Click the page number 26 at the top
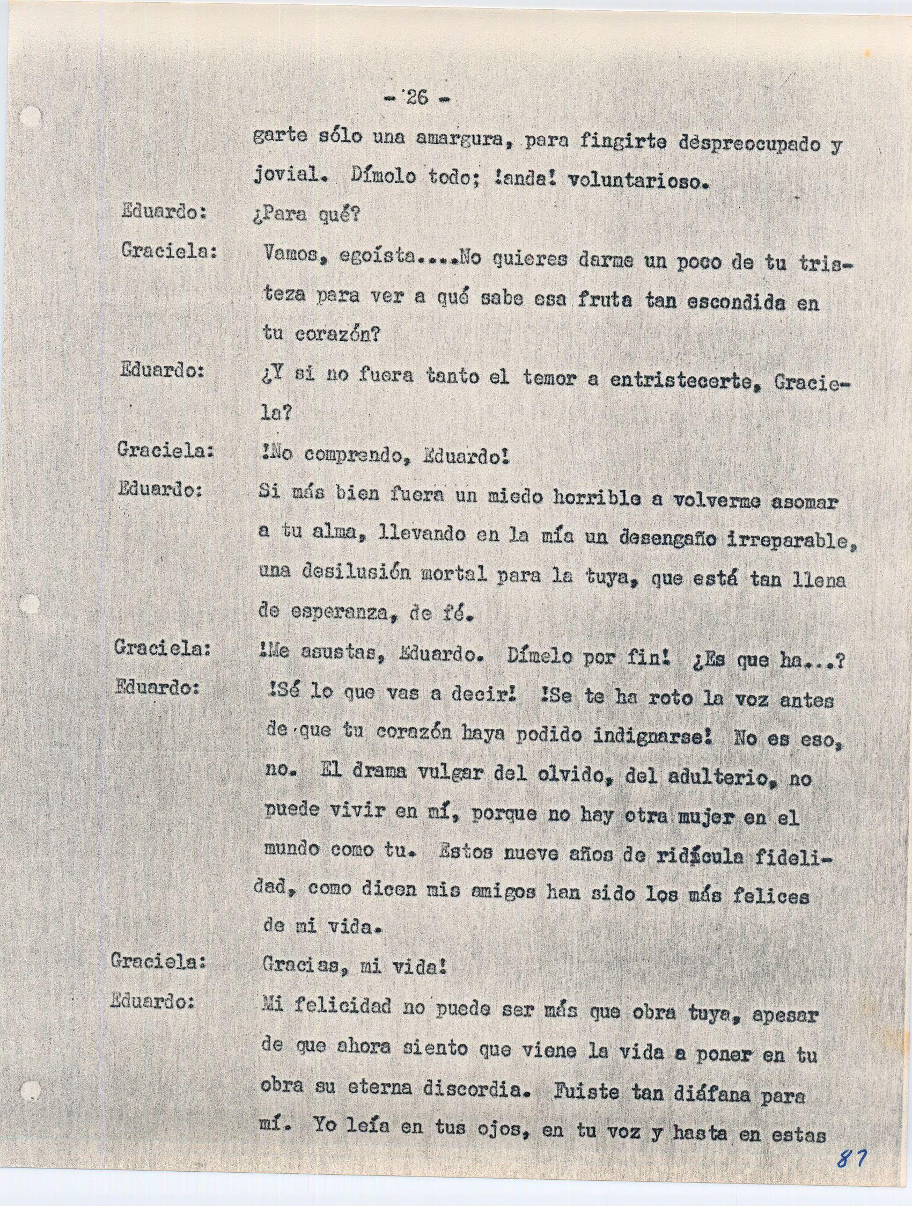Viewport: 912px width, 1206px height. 417,98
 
